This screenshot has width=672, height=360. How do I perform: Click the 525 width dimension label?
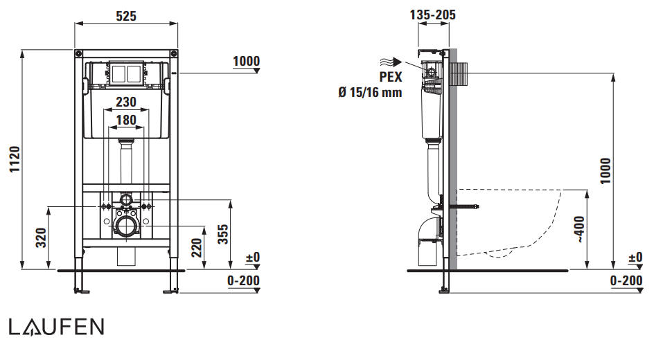[126, 16]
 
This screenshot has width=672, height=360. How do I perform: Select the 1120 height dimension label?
[15, 159]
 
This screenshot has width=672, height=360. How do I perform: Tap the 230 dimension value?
[126, 102]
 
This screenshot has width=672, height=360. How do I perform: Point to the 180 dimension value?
[126, 120]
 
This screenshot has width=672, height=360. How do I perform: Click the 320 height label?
[41, 237]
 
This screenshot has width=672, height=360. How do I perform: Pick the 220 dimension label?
[196, 248]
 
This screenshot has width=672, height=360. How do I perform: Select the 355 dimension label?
[223, 234]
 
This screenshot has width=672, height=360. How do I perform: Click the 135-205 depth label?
[433, 15]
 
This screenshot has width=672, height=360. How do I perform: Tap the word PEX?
[391, 77]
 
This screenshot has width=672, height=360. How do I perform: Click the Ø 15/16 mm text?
[370, 92]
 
